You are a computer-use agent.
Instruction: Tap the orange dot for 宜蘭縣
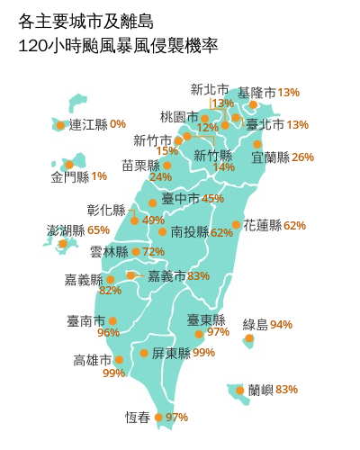tap(258, 144)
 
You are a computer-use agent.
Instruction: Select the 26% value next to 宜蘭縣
tap(303, 157)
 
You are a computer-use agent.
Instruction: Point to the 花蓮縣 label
tap(262, 225)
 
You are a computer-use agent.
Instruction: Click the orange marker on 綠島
tap(249, 339)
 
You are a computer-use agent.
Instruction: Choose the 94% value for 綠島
tap(282, 324)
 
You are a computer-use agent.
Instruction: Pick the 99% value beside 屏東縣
tap(203, 353)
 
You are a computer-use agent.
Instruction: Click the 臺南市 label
tap(85, 320)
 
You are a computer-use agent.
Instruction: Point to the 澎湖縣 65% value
tap(99, 231)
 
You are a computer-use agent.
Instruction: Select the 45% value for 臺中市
tap(213, 198)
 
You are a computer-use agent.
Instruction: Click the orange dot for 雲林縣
tap(136, 252)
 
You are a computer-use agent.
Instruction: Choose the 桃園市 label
tap(178, 117)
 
